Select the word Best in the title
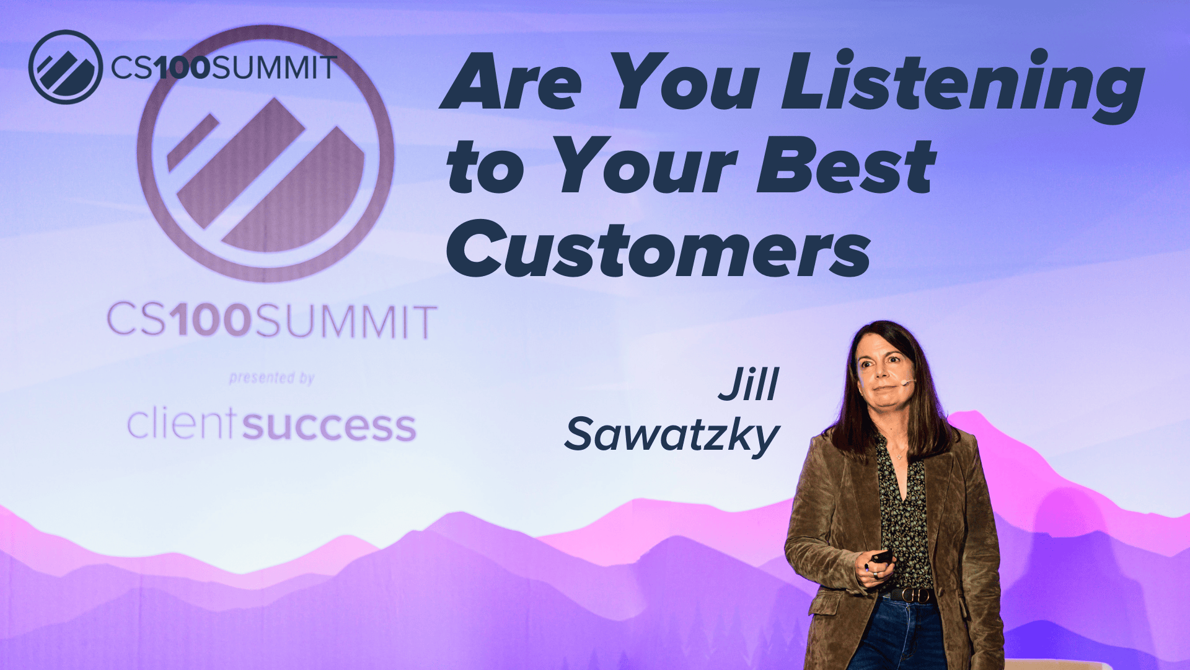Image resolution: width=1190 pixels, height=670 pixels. coord(845,166)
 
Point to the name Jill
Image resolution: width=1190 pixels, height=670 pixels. coord(749,385)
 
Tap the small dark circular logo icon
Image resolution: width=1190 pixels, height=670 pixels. coord(65,66)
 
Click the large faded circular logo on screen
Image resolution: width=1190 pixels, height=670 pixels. coord(265,154)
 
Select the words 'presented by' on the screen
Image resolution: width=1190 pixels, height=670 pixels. coord(271,378)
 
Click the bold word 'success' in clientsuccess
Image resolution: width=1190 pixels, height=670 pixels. coord(328,427)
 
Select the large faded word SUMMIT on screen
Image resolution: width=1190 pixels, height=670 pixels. coord(345,322)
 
